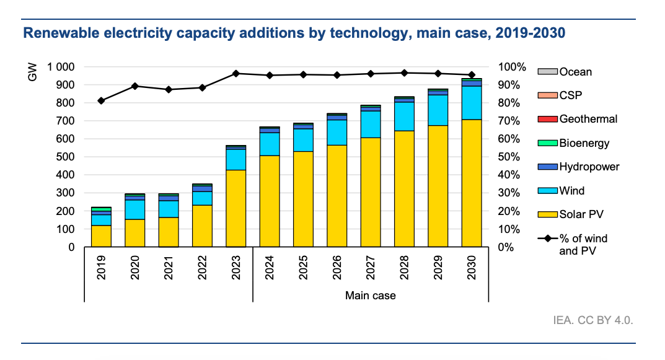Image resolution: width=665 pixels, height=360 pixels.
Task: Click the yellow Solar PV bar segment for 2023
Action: point(236,208)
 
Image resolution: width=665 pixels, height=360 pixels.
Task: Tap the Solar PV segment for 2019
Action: point(101,236)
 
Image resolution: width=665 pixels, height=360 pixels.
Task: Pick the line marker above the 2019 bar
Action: point(101,100)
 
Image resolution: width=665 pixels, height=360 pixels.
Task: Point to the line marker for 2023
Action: point(236,73)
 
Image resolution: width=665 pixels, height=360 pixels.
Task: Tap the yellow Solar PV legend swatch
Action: point(547,214)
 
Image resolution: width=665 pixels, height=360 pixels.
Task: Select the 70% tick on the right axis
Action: point(512,121)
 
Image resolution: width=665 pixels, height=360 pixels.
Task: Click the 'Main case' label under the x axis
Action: point(370,296)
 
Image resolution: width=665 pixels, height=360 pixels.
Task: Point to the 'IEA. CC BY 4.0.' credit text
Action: point(593,321)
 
